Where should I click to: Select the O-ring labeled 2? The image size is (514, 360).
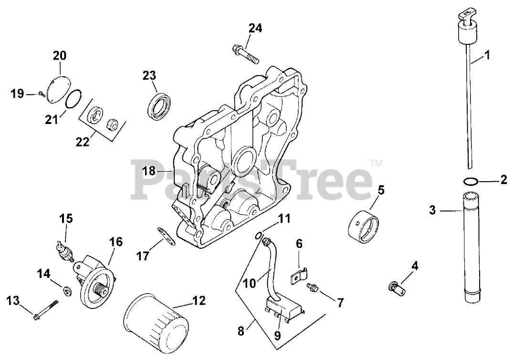[x=470, y=181]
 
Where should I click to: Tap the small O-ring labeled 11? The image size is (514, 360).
[x=258, y=234]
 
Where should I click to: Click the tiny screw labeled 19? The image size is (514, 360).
[x=42, y=94]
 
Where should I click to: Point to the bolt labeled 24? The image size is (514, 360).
[x=245, y=54]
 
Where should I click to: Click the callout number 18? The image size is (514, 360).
[x=149, y=171]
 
